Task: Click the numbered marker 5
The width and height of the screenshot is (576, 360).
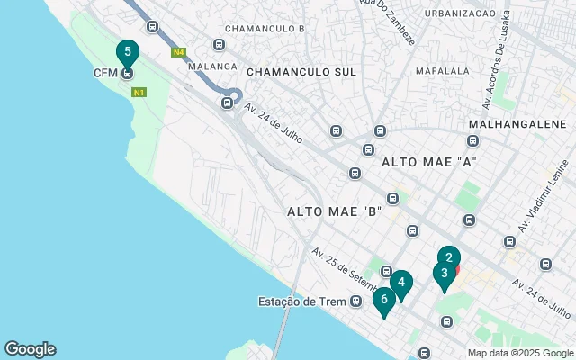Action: coord(128,53)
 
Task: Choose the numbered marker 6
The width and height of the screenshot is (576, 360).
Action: coord(384,300)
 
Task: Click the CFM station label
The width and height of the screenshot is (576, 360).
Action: coord(106,73)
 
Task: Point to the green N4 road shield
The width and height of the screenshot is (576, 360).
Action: coord(179,53)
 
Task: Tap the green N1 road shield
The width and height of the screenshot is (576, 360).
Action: coord(139,92)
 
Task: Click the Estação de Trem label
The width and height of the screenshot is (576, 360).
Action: coord(302,301)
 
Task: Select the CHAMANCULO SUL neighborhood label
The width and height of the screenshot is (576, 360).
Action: coord(301,71)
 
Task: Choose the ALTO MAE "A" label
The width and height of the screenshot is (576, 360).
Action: coord(427,162)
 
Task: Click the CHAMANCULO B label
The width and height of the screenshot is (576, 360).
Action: coord(265,29)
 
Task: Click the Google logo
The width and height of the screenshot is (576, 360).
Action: coord(30,349)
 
